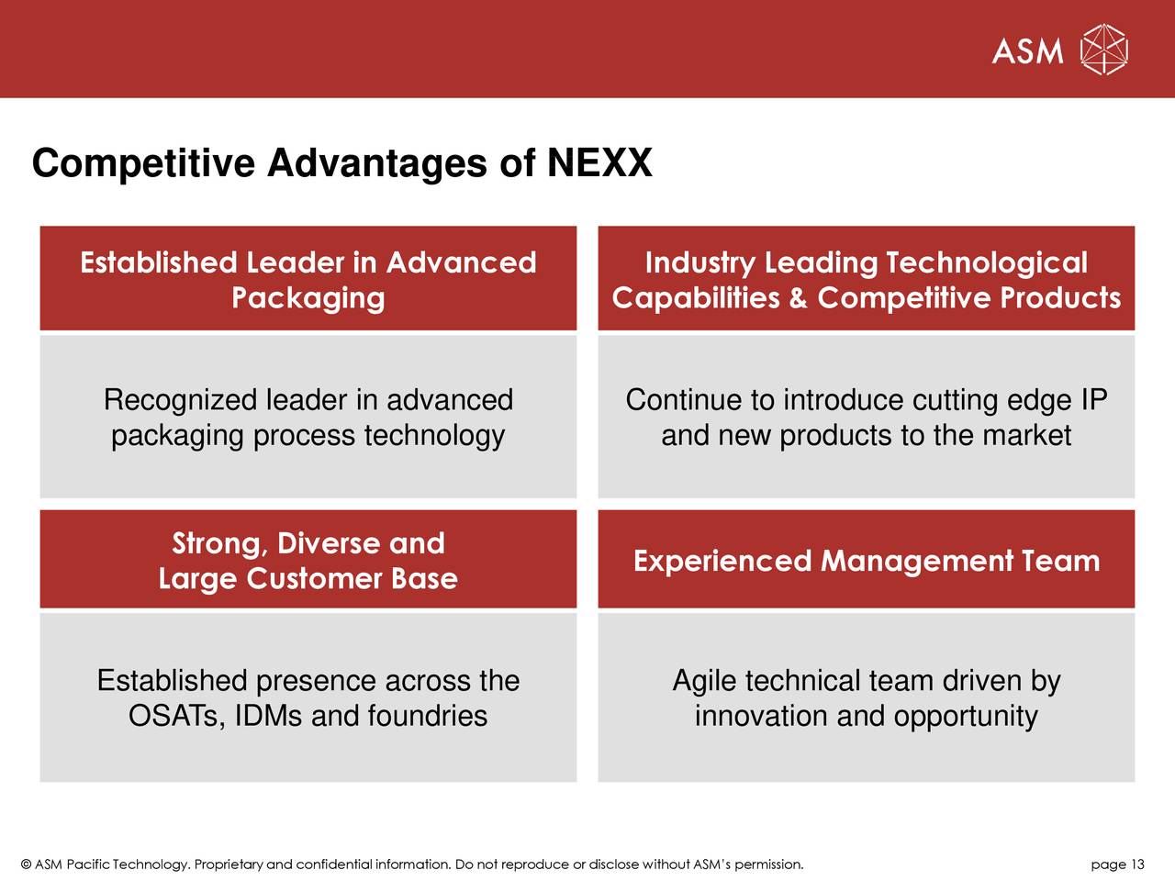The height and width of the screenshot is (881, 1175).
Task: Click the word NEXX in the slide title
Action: (x=599, y=164)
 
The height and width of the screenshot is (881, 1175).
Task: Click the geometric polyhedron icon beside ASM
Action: (x=1103, y=50)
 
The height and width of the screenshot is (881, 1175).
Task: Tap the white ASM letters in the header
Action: (x=1027, y=51)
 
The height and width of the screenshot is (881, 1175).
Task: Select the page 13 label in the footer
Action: (x=1117, y=864)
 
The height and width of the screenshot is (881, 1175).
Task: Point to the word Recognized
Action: (x=181, y=400)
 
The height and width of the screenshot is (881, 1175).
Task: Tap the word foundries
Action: (x=427, y=716)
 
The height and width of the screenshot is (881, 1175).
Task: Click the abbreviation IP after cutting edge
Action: (x=1093, y=400)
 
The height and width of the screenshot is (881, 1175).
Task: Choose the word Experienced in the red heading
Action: (x=722, y=561)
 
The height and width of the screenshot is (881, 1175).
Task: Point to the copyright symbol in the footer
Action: (x=26, y=864)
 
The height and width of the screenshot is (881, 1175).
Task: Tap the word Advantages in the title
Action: (x=377, y=164)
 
